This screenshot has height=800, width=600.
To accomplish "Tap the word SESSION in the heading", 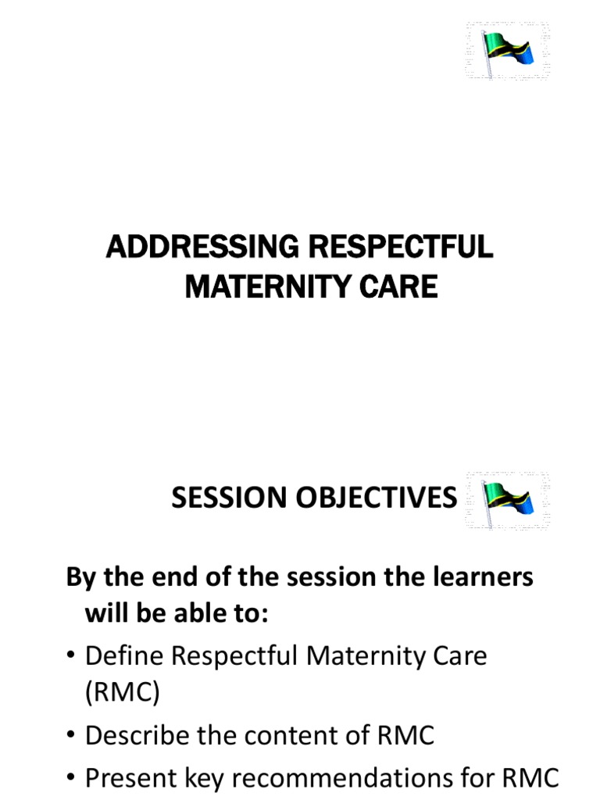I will point(226,497).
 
